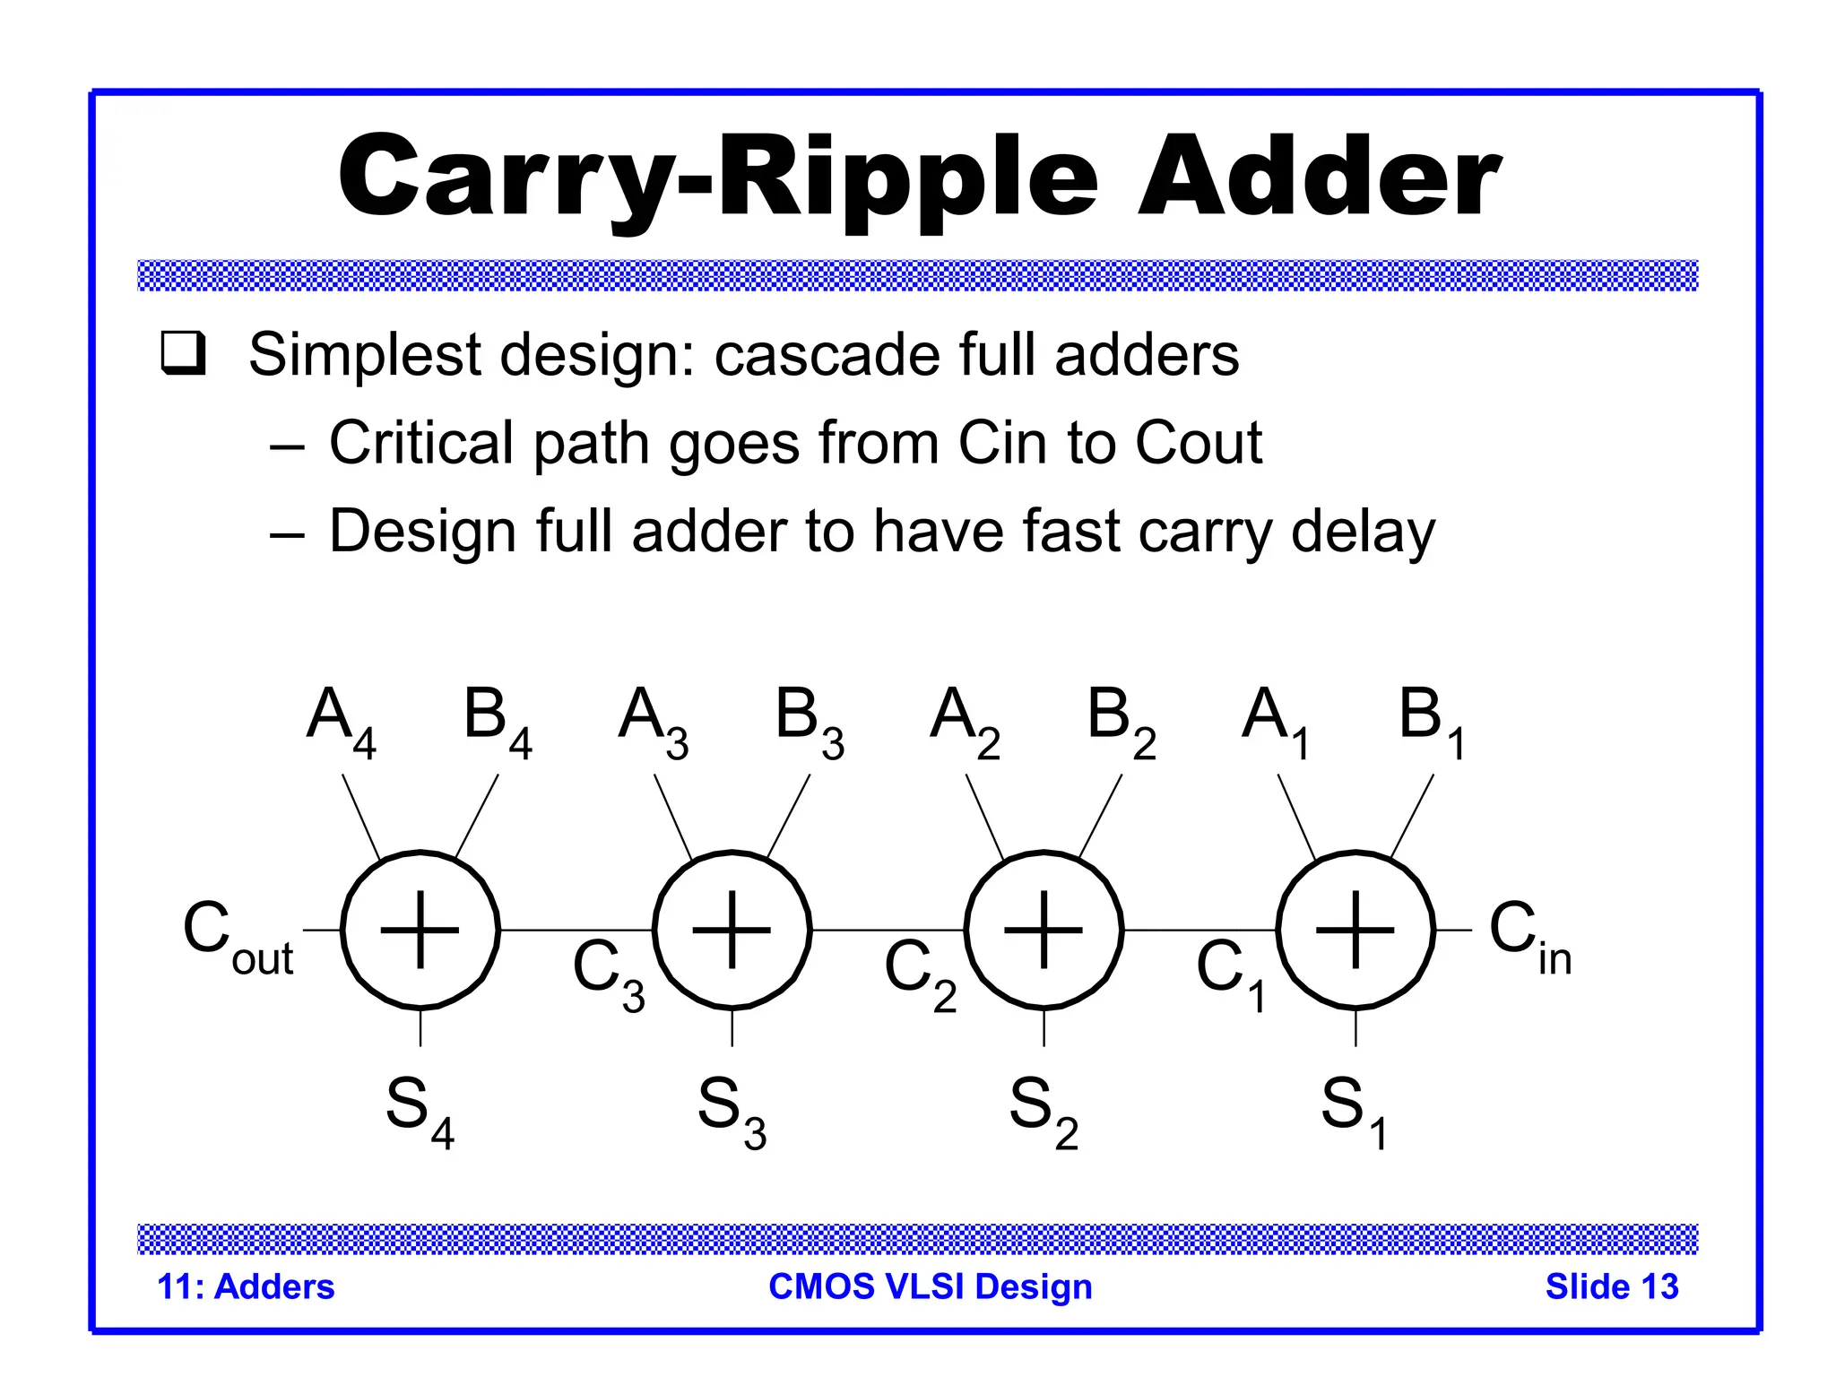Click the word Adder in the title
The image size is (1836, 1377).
(x=1320, y=177)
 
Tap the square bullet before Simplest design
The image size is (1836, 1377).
(x=184, y=353)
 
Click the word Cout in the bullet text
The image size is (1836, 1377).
(x=1199, y=443)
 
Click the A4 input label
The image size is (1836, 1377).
(x=341, y=722)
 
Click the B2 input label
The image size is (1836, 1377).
(x=1121, y=722)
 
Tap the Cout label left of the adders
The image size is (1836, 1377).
(x=237, y=937)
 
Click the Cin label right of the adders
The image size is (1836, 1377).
(x=1529, y=937)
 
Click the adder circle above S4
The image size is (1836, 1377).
(x=420, y=931)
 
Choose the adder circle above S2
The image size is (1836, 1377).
(x=1044, y=931)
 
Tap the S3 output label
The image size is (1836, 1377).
(x=732, y=1112)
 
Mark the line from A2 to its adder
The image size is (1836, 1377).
(x=984, y=817)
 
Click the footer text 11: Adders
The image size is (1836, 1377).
(x=246, y=1286)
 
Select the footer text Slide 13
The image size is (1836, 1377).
(x=1611, y=1286)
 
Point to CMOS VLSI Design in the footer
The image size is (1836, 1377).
(x=931, y=1286)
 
